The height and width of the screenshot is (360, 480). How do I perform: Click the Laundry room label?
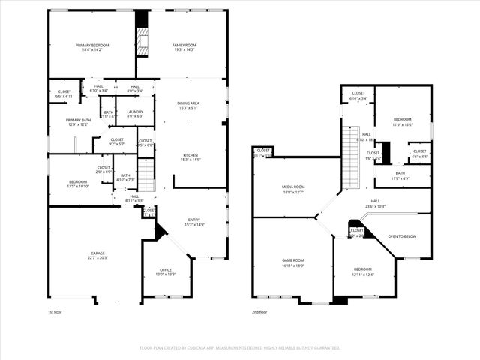click(x=135, y=114)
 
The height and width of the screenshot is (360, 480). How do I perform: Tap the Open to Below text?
click(x=402, y=236)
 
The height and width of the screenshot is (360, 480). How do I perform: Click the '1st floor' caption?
click(x=55, y=311)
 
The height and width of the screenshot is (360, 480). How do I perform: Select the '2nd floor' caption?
click(x=260, y=311)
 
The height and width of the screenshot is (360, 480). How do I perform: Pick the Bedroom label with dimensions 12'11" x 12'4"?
click(x=363, y=271)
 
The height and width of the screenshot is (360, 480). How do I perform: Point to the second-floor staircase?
click(x=350, y=146)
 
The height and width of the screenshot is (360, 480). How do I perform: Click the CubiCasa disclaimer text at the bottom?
click(x=240, y=348)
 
